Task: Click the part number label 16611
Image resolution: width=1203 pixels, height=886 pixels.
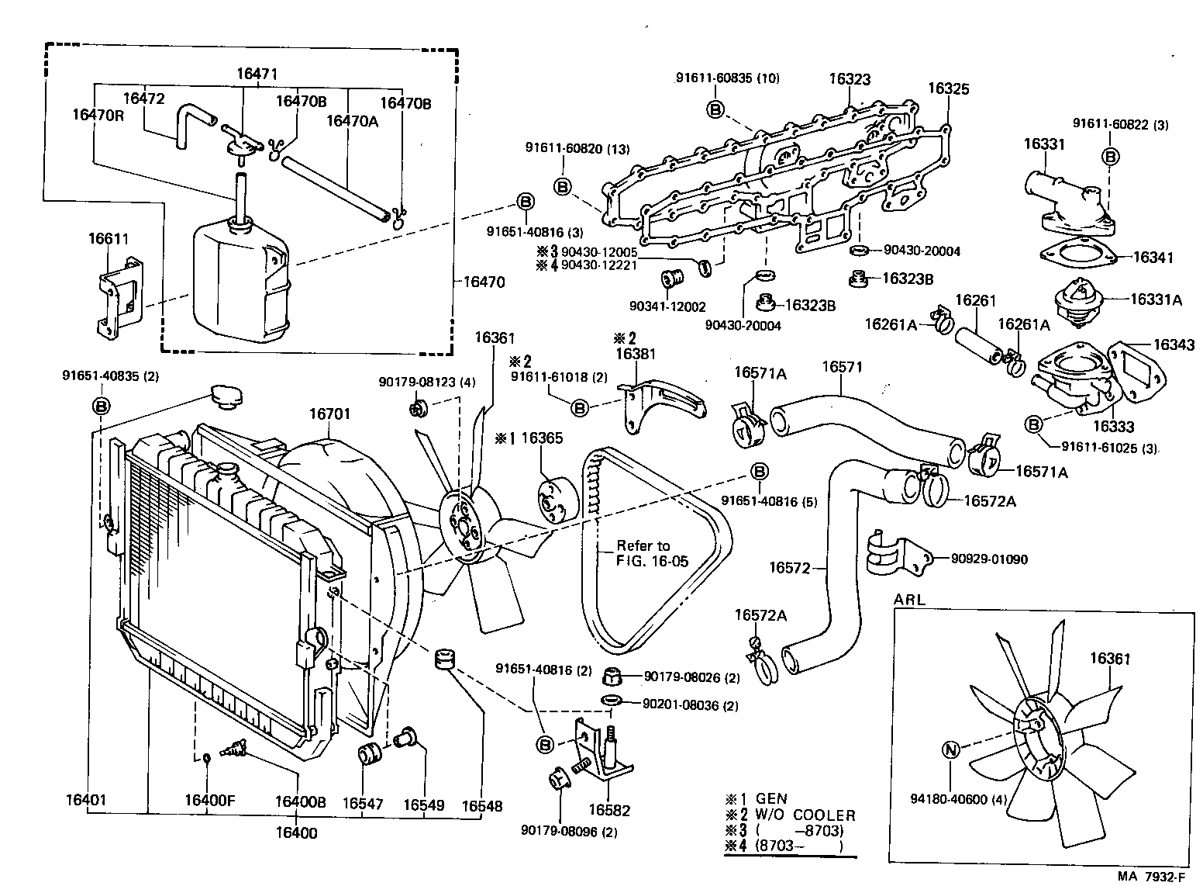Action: point(109,240)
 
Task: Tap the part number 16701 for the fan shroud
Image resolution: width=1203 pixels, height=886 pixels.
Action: point(331,414)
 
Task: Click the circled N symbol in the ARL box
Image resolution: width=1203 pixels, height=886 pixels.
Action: point(951,750)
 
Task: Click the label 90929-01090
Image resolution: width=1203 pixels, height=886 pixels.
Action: point(990,559)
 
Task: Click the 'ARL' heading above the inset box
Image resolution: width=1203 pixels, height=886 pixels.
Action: point(910,600)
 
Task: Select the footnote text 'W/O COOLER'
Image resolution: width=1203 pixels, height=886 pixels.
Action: point(805,815)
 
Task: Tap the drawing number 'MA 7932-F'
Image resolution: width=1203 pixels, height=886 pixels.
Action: point(1153,877)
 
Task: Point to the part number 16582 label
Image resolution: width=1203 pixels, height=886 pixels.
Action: point(609,811)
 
